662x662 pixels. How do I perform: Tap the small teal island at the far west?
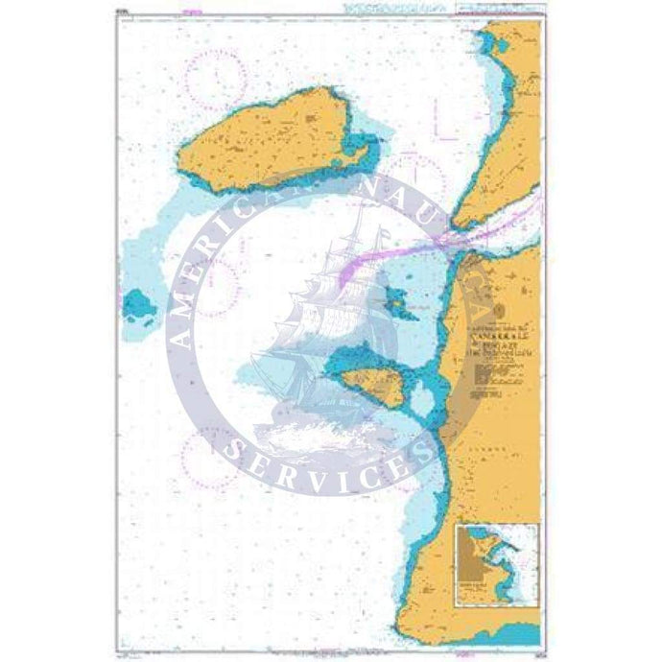pyautogui.click(x=140, y=306)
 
